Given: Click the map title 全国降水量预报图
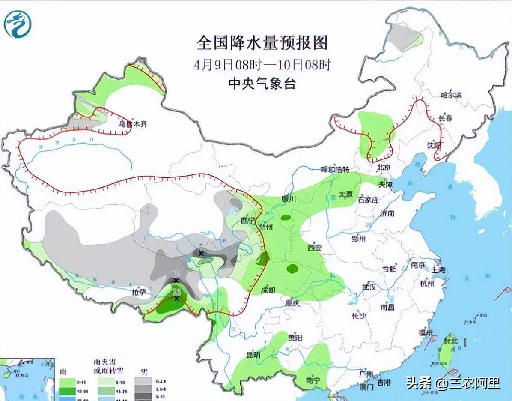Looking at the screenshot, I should tap(262, 43).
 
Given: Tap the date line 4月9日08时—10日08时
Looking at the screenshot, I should tap(262, 65).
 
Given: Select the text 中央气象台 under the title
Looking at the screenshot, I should tap(262, 83).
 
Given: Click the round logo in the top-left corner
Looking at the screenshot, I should tap(18, 24).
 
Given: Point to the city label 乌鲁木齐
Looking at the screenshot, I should tap(133, 124).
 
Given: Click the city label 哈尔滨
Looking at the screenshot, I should tap(452, 95).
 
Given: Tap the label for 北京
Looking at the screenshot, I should tap(384, 167).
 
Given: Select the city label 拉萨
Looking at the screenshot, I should tap(140, 293).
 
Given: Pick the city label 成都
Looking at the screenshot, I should tap(269, 290).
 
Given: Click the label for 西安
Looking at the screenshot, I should tap(314, 247).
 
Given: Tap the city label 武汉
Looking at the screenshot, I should tap(369, 287).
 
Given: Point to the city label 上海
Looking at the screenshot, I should tap(439, 269).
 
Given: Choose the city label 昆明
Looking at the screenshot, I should tap(253, 355).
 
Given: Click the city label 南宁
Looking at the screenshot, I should tap(313, 380).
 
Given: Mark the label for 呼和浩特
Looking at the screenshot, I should tap(336, 169).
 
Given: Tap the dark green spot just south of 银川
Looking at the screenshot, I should tap(286, 218).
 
